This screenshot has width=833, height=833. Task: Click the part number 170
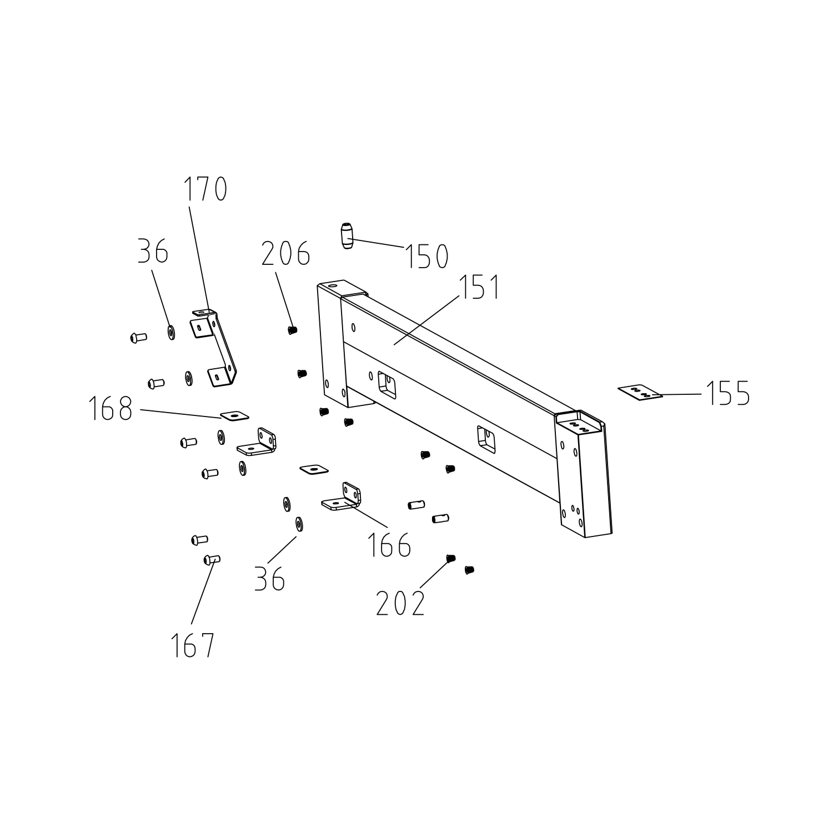(205, 189)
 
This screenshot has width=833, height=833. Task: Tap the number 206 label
(285, 254)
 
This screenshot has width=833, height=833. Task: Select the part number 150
(426, 257)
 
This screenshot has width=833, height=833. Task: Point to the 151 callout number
(479, 287)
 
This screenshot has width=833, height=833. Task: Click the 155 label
(728, 393)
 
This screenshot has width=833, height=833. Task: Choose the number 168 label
(111, 410)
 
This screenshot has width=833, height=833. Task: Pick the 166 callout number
(389, 545)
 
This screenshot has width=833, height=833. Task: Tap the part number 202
(400, 604)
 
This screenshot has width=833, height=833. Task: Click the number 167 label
(192, 645)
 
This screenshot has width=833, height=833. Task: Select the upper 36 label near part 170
(153, 252)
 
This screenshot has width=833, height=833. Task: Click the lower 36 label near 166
(270, 579)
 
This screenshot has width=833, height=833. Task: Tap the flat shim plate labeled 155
(640, 392)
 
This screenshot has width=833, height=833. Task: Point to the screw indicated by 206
(293, 330)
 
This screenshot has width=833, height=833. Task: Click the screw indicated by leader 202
(450, 558)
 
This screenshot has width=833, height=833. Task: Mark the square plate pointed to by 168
(234, 414)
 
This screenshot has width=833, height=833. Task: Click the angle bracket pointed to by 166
(344, 498)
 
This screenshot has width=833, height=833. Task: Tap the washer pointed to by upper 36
(171, 333)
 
